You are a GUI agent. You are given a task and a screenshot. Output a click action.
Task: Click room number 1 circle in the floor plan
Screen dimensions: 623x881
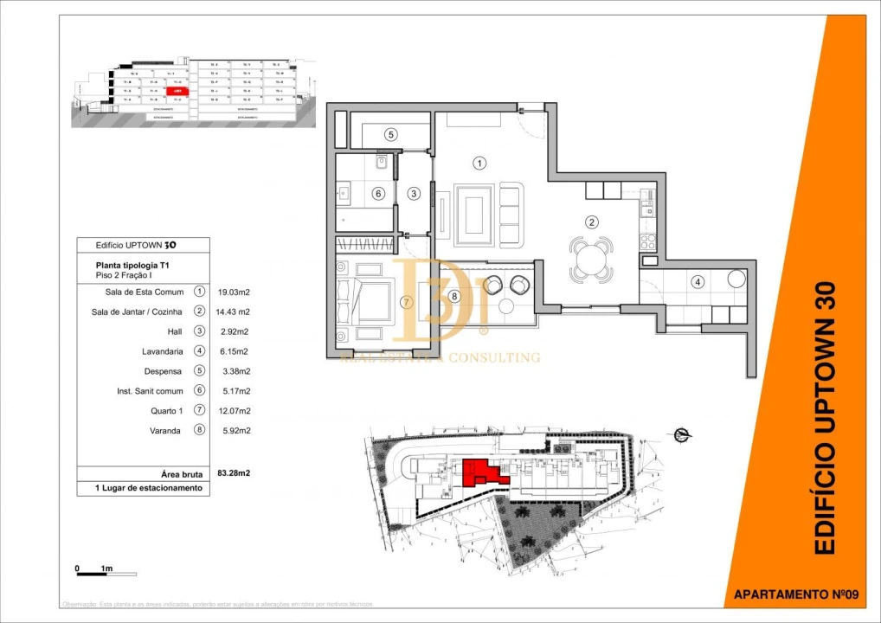click(479, 162)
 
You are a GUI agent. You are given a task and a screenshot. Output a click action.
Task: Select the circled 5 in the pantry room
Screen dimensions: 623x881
click(390, 135)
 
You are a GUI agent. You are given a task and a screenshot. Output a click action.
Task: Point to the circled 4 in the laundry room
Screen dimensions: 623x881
click(697, 280)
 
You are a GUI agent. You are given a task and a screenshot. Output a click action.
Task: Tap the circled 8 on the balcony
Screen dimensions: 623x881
click(454, 296)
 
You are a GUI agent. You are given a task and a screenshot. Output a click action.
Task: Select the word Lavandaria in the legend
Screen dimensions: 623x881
click(162, 351)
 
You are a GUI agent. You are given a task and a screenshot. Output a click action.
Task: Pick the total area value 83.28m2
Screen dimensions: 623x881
click(233, 473)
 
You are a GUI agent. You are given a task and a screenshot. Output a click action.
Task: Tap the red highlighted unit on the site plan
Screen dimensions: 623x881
click(480, 472)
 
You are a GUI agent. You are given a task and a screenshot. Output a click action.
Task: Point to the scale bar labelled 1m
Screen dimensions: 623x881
click(94, 570)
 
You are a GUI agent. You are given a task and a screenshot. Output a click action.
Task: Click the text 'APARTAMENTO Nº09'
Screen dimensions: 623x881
click(794, 594)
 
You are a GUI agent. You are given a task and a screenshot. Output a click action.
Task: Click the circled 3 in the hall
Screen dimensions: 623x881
click(415, 193)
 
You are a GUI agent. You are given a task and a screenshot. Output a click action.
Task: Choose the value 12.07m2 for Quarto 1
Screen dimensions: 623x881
click(233, 411)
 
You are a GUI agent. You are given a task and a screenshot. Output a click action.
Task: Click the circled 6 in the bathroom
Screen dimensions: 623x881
click(378, 194)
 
